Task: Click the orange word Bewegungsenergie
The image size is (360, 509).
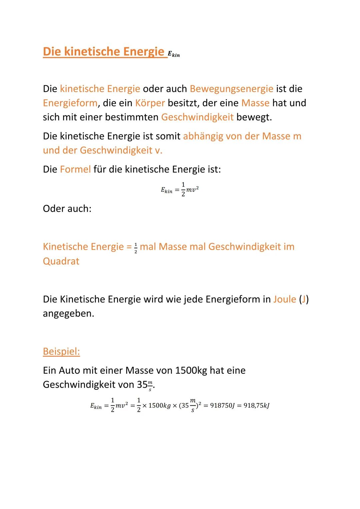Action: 231,89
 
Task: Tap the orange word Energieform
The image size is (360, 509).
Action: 70,103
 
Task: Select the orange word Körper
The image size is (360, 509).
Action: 150,103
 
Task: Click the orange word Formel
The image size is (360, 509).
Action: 75,169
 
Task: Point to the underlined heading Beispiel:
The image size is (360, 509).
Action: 61,351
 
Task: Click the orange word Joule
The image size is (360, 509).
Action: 284,299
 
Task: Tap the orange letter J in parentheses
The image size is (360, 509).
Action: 303,299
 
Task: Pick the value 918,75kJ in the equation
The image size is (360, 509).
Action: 256,406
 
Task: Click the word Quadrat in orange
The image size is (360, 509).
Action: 61,261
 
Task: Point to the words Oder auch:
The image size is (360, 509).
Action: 67,209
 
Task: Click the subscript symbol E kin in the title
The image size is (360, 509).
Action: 174,54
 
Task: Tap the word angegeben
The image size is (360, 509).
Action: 68,314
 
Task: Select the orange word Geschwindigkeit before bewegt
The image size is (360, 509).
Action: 197,117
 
